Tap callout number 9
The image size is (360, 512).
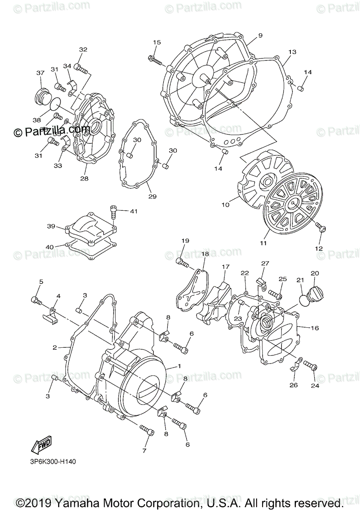pos(260,35)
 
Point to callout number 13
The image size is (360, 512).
pos(292,52)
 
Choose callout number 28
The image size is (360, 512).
pos(84,178)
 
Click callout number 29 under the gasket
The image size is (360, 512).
pos(152,196)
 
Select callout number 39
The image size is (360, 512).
pos(51,226)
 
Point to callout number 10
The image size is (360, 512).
pos(225,205)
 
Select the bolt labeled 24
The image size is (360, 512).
pos(310,366)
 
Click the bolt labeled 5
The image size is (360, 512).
pos(36,300)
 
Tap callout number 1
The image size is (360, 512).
pos(180,366)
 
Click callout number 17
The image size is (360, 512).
pos(225,267)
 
